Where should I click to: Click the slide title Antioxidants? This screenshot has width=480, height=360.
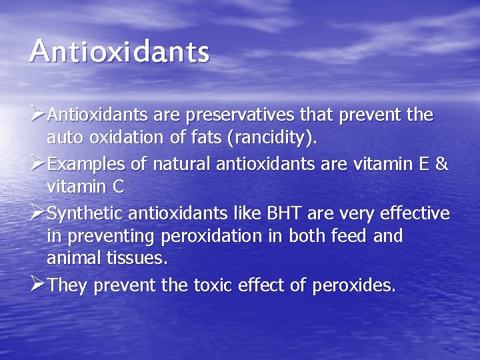coord(119,51)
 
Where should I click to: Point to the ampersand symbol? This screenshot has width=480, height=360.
coord(441,164)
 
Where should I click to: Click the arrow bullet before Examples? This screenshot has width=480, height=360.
coord(38,163)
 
